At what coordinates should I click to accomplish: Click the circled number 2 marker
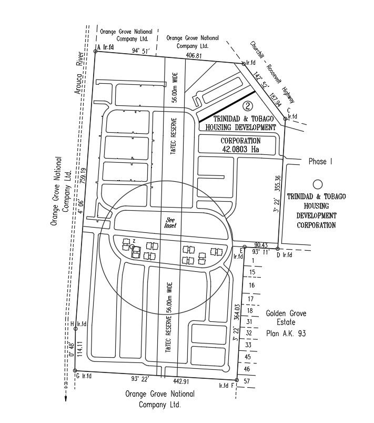pyautogui.click(x=250, y=105)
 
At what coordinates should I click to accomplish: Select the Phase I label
pyautogui.click(x=321, y=162)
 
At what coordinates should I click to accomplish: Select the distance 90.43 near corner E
pyautogui.click(x=261, y=244)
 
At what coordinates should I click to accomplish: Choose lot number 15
pyautogui.click(x=252, y=272)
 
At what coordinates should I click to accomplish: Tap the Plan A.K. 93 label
pyautogui.click(x=286, y=333)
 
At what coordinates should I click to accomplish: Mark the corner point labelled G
pyautogui.click(x=76, y=371)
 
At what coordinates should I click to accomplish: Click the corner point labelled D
pyautogui.click(x=278, y=249)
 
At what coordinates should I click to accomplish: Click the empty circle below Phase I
pyautogui.click(x=317, y=184)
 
